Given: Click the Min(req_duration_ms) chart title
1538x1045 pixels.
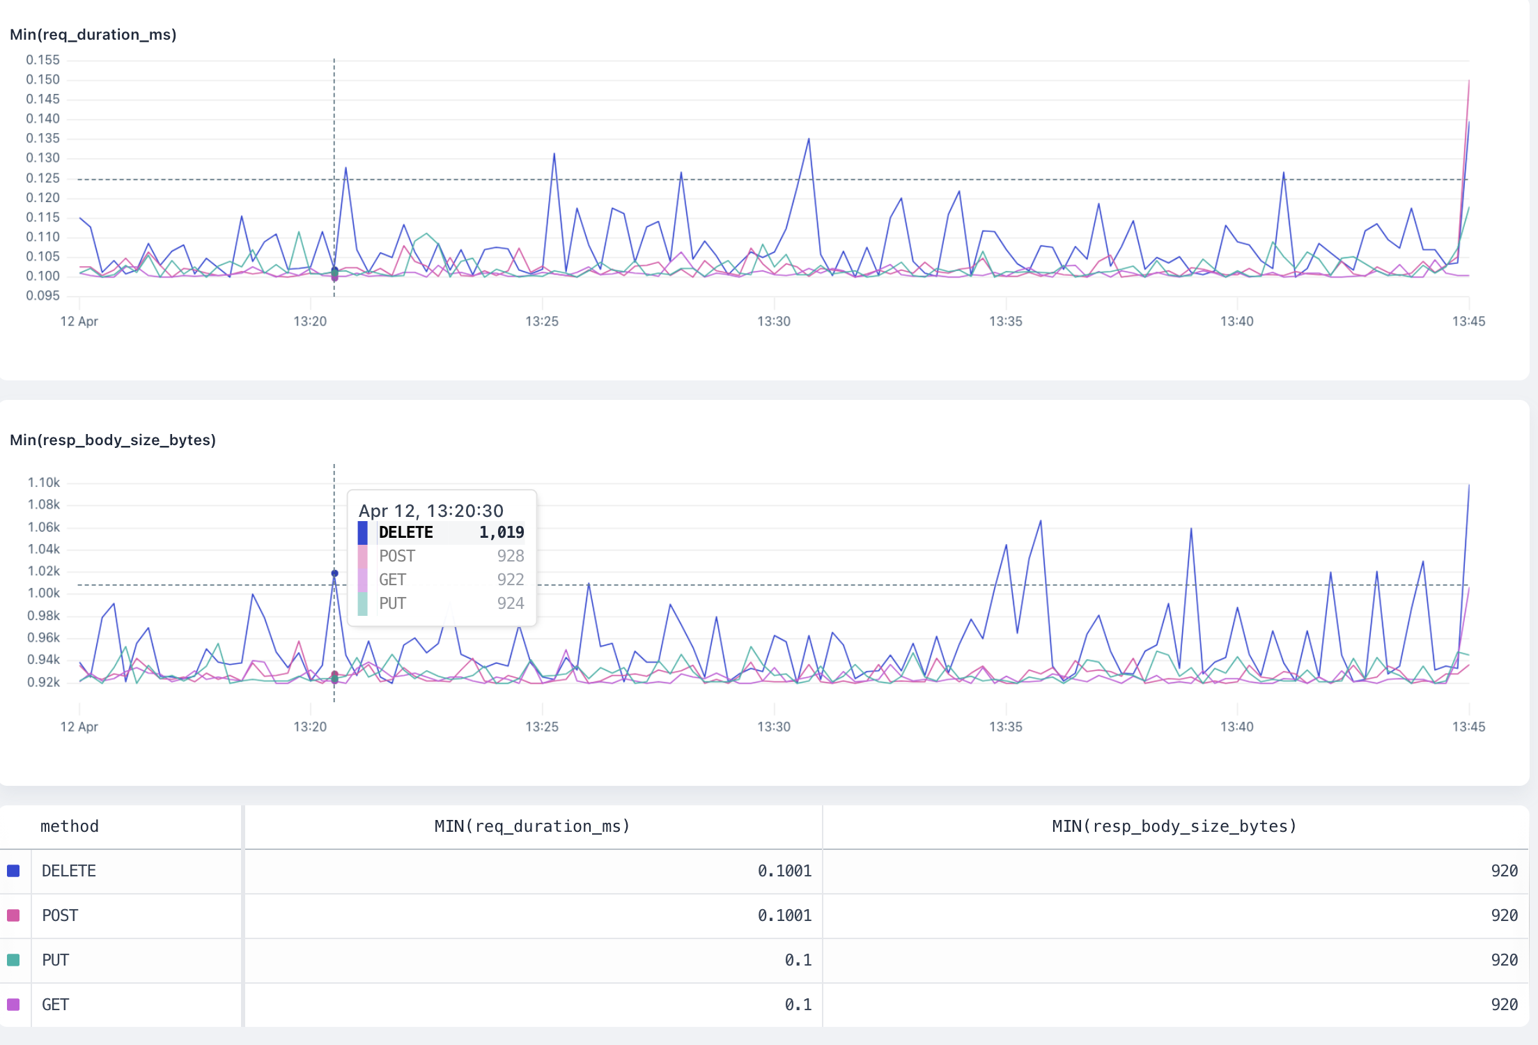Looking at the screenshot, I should pyautogui.click(x=93, y=35).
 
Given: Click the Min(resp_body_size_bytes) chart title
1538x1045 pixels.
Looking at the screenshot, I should pyautogui.click(x=112, y=440).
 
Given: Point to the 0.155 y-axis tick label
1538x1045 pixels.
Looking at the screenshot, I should pyautogui.click(x=43, y=60).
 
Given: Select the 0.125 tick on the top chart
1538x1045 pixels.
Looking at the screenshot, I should pyautogui.click(x=43, y=178).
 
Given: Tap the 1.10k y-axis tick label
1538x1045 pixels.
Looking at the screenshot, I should pyautogui.click(x=44, y=483).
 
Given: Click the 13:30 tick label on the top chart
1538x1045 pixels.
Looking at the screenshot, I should pyautogui.click(x=774, y=321).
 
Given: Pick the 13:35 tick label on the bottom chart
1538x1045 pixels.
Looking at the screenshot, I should pyautogui.click(x=1005, y=727).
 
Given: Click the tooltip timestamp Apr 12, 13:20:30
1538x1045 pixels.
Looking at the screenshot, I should pyautogui.click(x=430, y=511).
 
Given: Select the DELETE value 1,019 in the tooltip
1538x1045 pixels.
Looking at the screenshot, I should pyautogui.click(x=502, y=533).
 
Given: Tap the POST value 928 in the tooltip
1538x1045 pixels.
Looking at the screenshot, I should pyautogui.click(x=511, y=556).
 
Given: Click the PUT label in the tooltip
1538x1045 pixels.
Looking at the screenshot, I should pyautogui.click(x=392, y=603).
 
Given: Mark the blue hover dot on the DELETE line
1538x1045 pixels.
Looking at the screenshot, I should pyautogui.click(x=334, y=573).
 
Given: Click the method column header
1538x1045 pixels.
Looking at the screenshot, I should pyautogui.click(x=70, y=826).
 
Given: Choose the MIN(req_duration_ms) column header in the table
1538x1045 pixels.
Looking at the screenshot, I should pyautogui.click(x=532, y=826).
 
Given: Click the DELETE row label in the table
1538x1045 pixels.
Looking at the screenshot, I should pyautogui.click(x=69, y=871).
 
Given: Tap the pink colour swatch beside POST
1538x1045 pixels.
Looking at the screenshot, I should pyautogui.click(x=13, y=915).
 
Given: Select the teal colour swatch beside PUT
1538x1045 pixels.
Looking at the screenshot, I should pyautogui.click(x=13, y=960).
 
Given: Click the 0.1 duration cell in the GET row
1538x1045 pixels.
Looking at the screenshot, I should pyautogui.click(x=798, y=1005).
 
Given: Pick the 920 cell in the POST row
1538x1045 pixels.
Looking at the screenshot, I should pyautogui.click(x=1504, y=915).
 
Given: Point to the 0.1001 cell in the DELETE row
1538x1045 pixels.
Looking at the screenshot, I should pyautogui.click(x=784, y=871).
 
